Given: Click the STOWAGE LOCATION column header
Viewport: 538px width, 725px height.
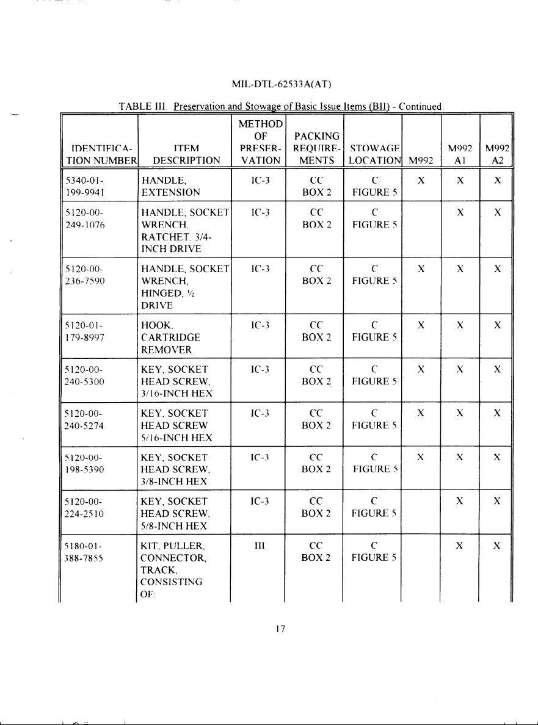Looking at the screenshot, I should click(x=373, y=154).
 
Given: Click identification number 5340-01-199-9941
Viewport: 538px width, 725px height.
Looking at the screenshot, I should click(x=84, y=186).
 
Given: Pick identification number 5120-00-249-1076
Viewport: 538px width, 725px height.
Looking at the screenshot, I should click(x=84, y=218).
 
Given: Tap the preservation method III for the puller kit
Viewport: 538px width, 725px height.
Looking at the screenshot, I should click(x=258, y=545).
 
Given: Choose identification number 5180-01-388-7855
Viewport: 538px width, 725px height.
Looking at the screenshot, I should click(x=84, y=551).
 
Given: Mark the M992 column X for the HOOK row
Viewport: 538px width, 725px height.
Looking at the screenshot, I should click(x=421, y=325).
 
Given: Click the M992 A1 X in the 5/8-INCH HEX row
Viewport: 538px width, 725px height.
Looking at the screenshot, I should click(x=460, y=501).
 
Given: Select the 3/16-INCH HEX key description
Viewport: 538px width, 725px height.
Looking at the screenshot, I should click(x=176, y=381).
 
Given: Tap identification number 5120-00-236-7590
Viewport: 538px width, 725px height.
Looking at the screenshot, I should click(x=84, y=275).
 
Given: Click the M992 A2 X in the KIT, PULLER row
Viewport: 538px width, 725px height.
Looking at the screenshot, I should click(x=498, y=545).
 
